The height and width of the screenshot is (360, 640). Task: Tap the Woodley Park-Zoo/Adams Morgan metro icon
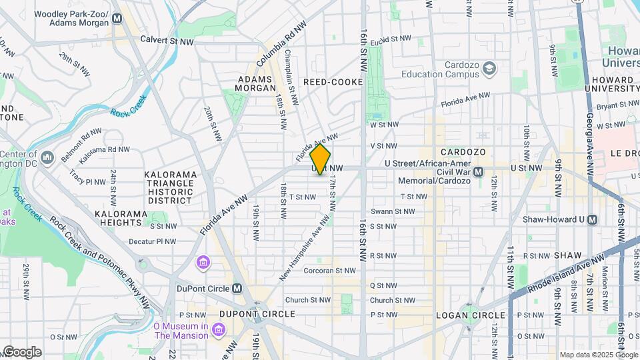click(117, 19)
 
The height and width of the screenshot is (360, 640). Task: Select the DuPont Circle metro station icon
click(236, 289)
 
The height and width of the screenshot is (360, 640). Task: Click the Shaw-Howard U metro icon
click(592, 219)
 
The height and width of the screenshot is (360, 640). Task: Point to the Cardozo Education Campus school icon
click(490, 69)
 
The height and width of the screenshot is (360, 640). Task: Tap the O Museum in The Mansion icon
click(218, 330)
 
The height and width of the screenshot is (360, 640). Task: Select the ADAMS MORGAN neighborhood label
click(257, 83)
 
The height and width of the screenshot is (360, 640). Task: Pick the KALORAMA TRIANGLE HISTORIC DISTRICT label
click(171, 187)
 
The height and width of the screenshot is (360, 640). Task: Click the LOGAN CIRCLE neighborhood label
click(470, 315)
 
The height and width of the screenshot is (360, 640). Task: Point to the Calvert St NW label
click(167, 40)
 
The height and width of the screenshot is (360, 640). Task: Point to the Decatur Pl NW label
click(153, 241)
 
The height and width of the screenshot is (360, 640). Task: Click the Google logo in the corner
click(21, 351)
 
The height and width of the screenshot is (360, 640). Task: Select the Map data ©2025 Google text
click(595, 355)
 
